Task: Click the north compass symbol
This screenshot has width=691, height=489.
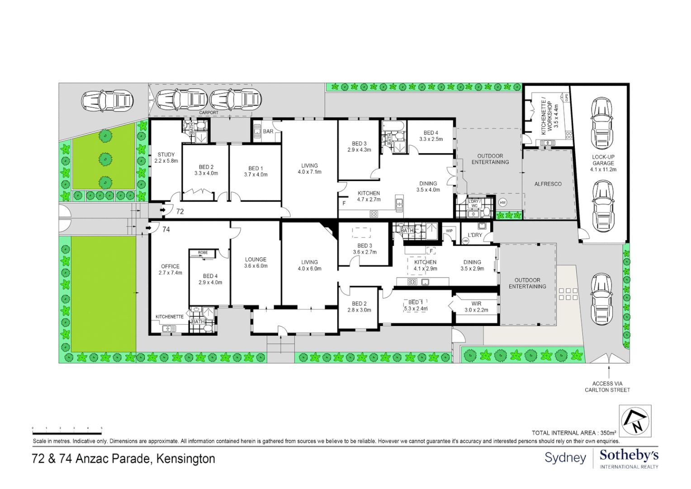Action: [x=635, y=421]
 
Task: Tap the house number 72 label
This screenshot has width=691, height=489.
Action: [x=180, y=211]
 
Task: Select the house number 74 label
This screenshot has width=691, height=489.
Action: [x=166, y=230]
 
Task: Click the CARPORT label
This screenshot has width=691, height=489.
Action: [x=208, y=113]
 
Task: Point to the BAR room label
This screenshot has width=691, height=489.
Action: [x=268, y=132]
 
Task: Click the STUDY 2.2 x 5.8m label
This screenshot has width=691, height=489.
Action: [x=166, y=158]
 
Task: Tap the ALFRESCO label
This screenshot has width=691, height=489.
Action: [x=548, y=184]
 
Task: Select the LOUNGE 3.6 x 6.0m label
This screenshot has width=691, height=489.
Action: [x=256, y=263]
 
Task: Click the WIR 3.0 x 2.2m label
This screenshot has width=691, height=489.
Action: [x=476, y=307]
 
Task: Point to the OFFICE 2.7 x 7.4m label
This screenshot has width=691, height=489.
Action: [x=170, y=269]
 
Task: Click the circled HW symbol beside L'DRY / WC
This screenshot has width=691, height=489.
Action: [x=502, y=203]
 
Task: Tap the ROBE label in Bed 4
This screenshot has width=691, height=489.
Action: [x=203, y=253]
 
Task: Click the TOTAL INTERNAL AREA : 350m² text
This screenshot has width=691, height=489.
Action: [x=574, y=433]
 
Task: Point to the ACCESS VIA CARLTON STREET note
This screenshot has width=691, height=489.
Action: [x=607, y=387]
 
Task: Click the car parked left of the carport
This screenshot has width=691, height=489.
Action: [x=107, y=101]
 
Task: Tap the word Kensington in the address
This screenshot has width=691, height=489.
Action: [x=186, y=459]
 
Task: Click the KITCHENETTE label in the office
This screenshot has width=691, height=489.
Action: [x=169, y=316]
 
